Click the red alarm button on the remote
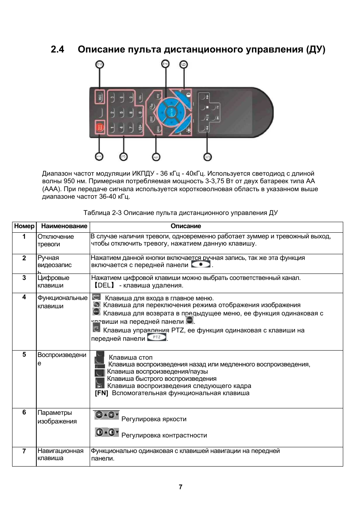click(100, 128)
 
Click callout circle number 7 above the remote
click(165, 65)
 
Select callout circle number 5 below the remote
click(207, 157)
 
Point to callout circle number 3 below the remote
click(123, 157)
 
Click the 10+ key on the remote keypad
click(140, 128)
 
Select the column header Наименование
click(64, 226)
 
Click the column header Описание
click(186, 226)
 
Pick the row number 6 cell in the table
click(24, 412)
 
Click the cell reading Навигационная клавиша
click(60, 454)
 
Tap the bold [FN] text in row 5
click(101, 393)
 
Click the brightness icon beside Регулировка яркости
click(106, 415)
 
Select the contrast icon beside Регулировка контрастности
click(107, 432)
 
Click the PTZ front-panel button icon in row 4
click(156, 337)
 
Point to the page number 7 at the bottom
click(180, 487)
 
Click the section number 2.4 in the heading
click(58, 49)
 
